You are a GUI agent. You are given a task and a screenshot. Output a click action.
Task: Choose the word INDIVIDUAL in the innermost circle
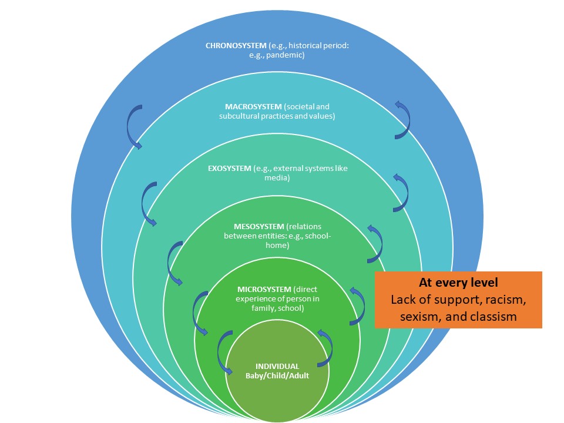277,366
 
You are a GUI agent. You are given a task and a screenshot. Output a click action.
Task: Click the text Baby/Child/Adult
277,375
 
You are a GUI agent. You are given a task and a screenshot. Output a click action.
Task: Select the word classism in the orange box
492,317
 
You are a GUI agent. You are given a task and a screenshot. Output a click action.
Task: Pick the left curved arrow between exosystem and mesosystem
174,261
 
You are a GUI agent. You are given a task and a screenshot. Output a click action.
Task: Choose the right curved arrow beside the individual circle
325,347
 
